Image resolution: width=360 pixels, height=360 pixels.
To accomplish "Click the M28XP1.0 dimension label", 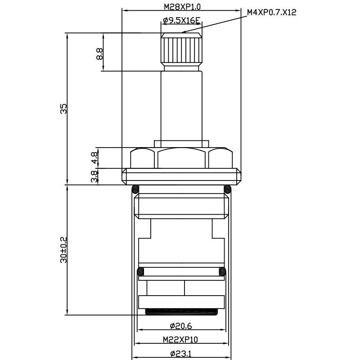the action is point(182,7).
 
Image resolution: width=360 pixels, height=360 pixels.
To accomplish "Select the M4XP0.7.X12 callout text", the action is point(272,13).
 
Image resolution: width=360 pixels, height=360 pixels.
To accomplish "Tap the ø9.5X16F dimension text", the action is point(182,21).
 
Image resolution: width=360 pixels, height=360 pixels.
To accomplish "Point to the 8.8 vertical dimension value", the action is point(99,54).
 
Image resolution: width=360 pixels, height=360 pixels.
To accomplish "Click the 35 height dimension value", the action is point(63,108).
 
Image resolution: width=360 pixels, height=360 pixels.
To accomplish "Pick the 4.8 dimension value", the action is point(94,158).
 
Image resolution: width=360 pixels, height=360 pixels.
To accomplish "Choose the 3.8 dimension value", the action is point(94,176).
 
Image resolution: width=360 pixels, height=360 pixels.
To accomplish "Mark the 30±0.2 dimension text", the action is point(63,250).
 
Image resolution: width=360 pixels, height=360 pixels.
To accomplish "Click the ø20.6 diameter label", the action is point(181,326).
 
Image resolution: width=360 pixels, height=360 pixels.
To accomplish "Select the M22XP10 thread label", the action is point(180,339).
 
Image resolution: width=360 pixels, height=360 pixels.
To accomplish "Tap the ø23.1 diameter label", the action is point(181,354).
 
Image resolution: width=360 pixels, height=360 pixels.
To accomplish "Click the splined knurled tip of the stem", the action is point(182,49).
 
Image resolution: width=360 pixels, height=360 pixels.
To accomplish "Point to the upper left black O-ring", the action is point(135,189).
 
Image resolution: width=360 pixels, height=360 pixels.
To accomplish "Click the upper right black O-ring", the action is point(228,189).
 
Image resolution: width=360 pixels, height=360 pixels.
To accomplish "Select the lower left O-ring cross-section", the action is point(140,272).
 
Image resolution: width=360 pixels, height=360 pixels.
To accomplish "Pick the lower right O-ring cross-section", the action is point(222,272).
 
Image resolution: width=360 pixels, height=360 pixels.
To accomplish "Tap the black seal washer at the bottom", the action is point(181,312).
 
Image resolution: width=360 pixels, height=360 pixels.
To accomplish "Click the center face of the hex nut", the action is point(181,158).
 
